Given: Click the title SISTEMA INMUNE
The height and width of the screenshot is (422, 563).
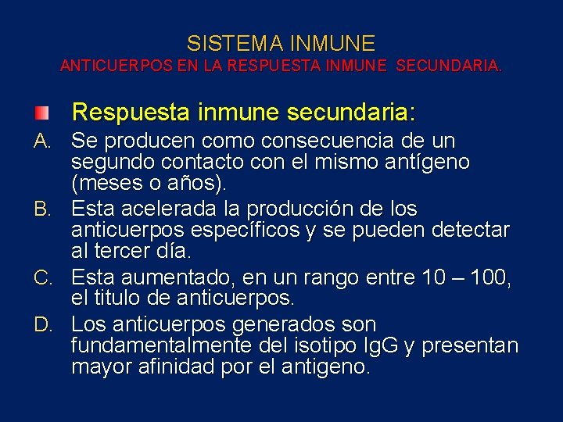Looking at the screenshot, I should pyautogui.click(x=281, y=43).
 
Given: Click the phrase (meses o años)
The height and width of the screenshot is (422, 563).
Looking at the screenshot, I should pyautogui.click(x=149, y=185).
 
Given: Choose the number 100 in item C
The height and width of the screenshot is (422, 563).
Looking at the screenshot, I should pyautogui.click(x=489, y=277).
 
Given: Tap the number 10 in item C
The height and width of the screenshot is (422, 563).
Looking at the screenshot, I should pyautogui.click(x=432, y=277).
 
